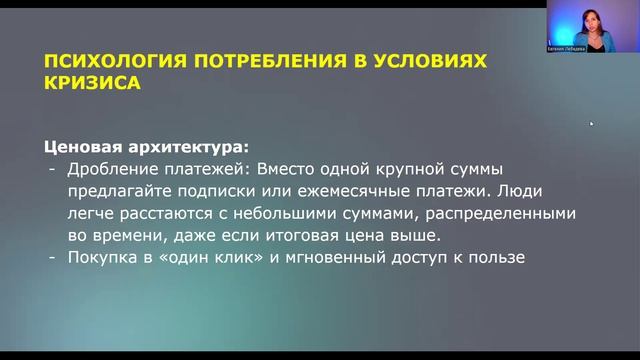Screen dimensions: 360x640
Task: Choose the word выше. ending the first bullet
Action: pos(418,235)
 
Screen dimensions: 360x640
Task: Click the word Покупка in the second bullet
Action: pos(100,258)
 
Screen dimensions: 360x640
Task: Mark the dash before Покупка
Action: pos(53,258)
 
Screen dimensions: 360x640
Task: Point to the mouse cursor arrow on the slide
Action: pos(591,124)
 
